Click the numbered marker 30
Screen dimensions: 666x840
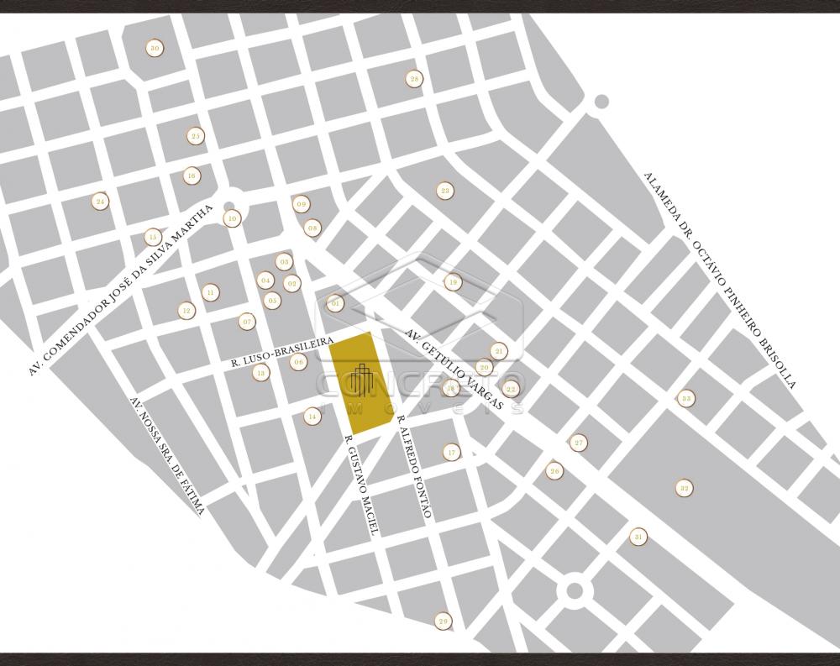tap(154, 48)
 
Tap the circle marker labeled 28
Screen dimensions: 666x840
tap(413, 79)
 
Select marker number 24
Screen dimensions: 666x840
tap(101, 202)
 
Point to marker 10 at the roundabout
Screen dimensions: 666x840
tap(232, 218)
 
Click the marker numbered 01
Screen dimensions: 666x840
tap(335, 303)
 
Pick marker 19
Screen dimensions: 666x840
tap(453, 282)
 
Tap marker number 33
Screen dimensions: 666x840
tap(686, 398)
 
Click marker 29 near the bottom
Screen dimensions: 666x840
tap(444, 621)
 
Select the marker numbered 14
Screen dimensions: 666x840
tap(312, 416)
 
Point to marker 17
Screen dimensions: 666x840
tap(452, 453)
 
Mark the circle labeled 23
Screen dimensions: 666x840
tap(445, 191)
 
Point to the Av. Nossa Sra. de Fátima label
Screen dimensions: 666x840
tap(168, 456)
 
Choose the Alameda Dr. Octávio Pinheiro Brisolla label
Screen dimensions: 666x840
tap(719, 279)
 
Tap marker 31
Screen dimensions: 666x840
tap(640, 537)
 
